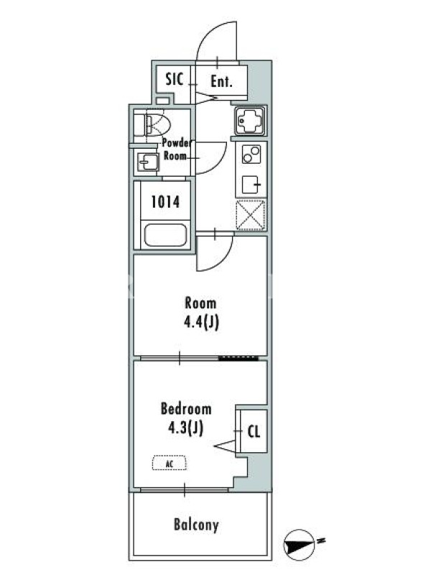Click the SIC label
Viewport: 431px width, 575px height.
pos(174,79)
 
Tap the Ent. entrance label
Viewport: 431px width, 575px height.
pos(221,81)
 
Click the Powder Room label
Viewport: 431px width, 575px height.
pos(177,149)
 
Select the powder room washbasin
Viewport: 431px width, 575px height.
pos(148,162)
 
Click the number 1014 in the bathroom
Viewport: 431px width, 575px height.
pos(165,202)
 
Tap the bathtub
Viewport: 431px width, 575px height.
pos(165,235)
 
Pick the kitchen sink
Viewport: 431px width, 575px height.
pos(251,121)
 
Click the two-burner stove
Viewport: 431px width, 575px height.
pos(251,155)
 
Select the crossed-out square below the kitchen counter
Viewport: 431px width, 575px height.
pos(251,215)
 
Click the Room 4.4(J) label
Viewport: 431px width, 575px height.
pos(201,313)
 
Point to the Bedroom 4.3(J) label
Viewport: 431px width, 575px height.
pos(186,418)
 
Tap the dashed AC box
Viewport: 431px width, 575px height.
pos(170,463)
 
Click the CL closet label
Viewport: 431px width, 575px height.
pos(254,431)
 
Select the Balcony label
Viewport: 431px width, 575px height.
pos(196,525)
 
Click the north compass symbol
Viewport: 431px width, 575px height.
pos(299,543)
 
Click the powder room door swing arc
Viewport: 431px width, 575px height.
pos(221,161)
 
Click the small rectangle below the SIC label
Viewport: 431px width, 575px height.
pos(162,101)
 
